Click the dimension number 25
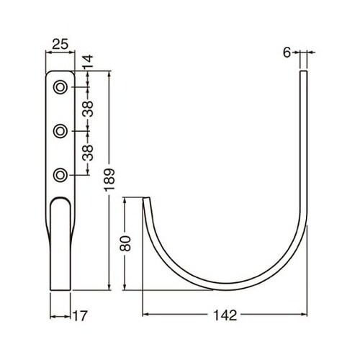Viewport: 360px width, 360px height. click(60, 44)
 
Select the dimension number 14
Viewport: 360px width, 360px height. click(88, 62)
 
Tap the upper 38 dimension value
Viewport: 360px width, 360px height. click(88, 109)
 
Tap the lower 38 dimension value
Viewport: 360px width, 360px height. click(88, 153)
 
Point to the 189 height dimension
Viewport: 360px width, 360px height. click(109, 179)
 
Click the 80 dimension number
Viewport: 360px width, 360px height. click(125, 243)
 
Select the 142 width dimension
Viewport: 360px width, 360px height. click(225, 315)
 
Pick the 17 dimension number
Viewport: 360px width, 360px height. click(79, 316)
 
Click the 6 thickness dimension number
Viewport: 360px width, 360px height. click(287, 53)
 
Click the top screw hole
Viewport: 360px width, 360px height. click(60, 87)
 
